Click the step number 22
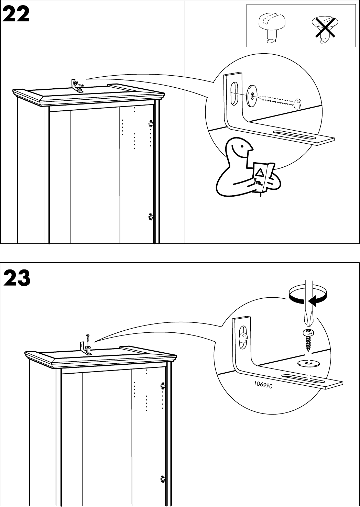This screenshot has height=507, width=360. point(17,15)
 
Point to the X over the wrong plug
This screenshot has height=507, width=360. point(323,28)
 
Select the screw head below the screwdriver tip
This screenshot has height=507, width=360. point(307,332)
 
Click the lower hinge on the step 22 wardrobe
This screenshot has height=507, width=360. point(150,217)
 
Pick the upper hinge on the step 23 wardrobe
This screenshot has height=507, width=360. point(163,386)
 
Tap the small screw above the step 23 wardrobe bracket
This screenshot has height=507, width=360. point(88,338)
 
